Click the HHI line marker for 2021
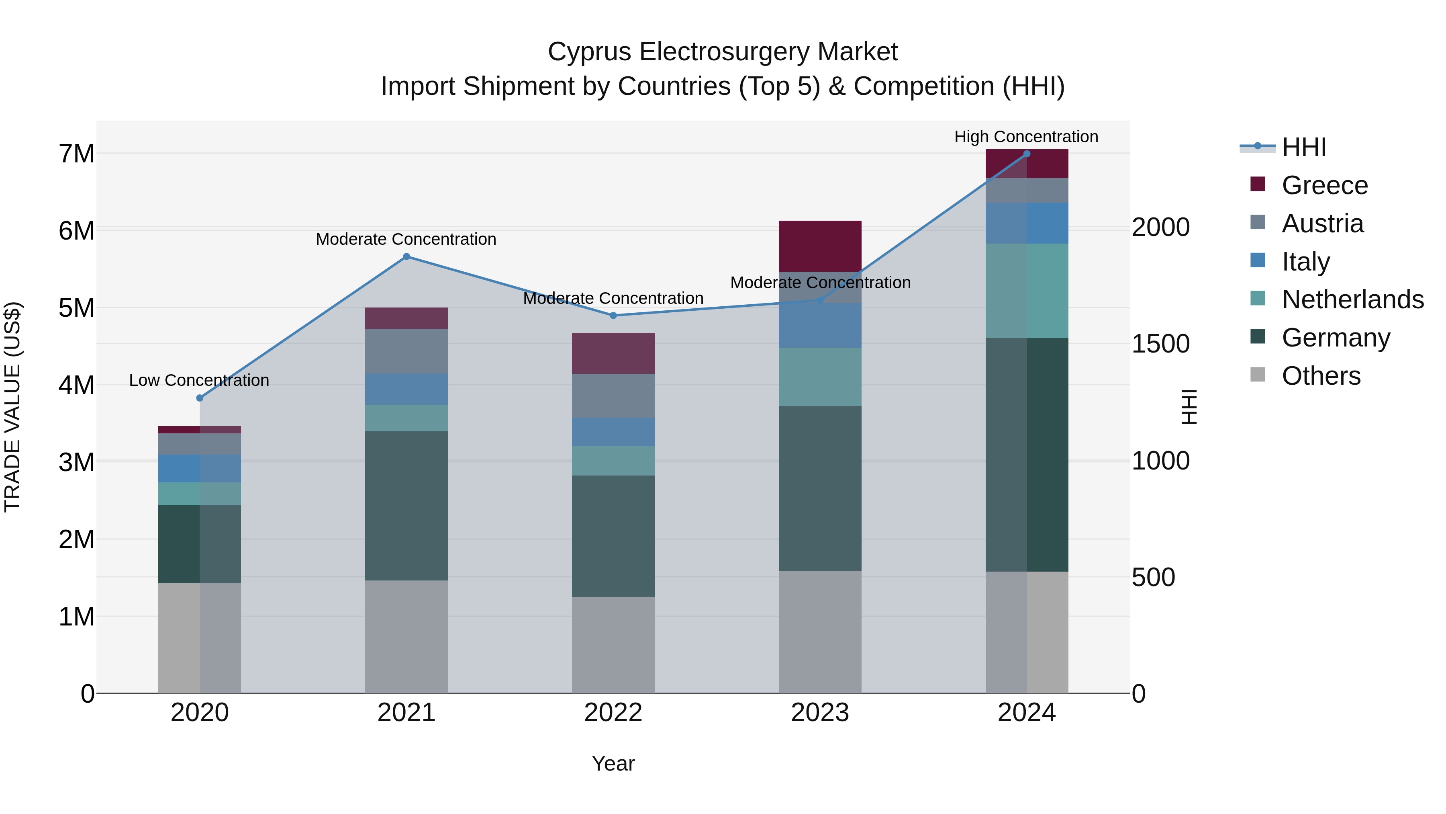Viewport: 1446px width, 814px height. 406,257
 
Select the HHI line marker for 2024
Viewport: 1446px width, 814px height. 1027,154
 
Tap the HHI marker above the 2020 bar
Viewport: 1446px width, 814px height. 200,398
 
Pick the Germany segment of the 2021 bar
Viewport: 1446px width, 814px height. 406,506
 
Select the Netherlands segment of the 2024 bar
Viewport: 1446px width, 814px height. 1027,291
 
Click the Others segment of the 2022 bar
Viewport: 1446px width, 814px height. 613,644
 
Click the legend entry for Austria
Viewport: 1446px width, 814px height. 1322,223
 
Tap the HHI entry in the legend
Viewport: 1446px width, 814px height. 1303,147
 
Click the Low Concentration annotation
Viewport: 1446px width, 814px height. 199,380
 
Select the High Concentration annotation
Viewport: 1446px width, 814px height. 1026,137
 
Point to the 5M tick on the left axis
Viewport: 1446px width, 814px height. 77,308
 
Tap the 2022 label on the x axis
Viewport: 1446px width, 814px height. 613,713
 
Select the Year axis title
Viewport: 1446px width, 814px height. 613,763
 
